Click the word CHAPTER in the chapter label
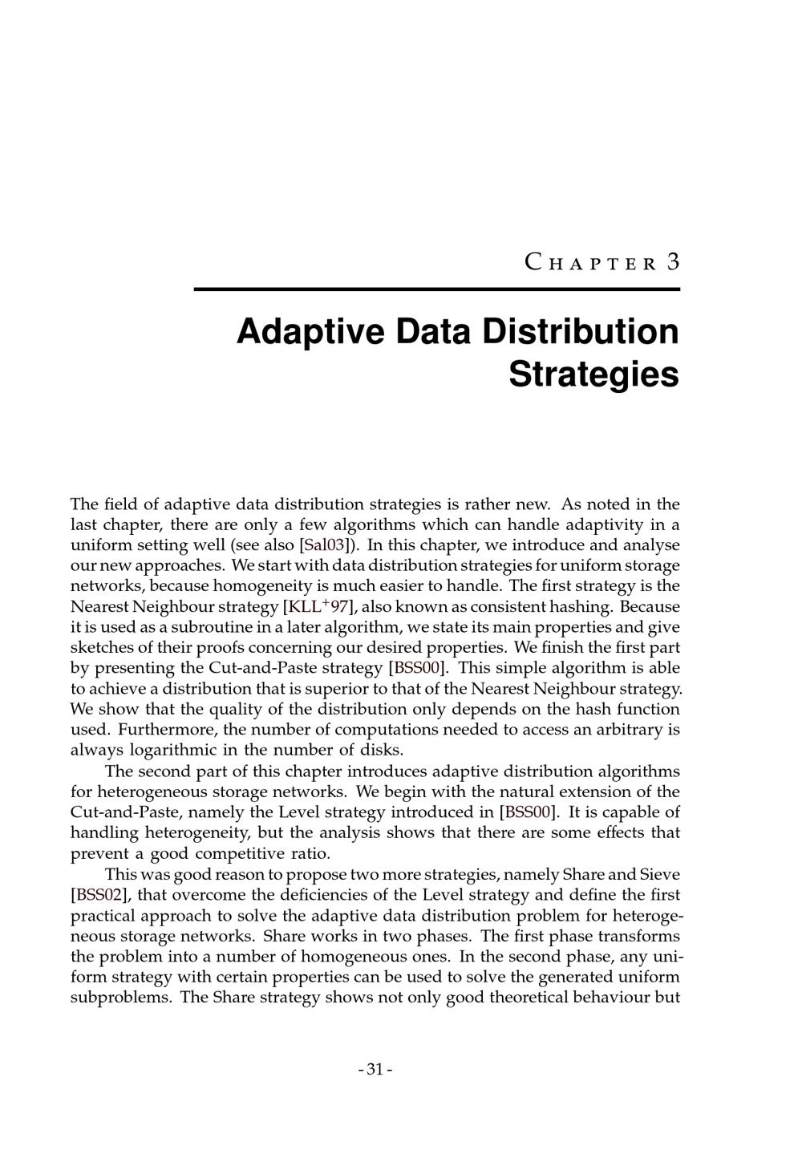591,263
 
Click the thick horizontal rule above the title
436,289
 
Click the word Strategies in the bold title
593,374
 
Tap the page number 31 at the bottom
375,1069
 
